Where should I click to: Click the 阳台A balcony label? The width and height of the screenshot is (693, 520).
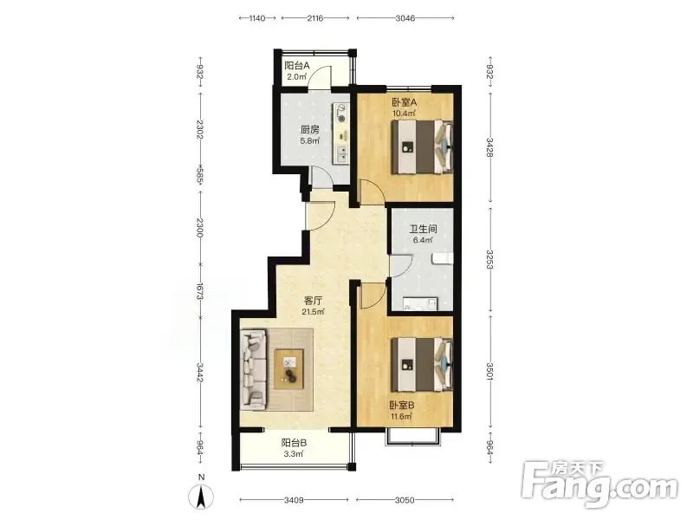coord(296,66)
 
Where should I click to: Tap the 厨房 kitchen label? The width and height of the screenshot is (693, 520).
coord(309,130)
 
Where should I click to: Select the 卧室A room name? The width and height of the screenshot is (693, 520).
coord(404,102)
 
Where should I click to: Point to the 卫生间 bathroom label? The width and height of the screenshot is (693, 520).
coord(423,229)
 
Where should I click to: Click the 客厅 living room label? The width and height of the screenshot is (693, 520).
coord(313,301)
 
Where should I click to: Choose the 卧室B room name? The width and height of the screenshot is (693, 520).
coord(402,406)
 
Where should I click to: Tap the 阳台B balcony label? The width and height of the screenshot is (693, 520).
coord(294,443)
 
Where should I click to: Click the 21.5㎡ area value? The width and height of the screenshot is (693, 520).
coord(313,312)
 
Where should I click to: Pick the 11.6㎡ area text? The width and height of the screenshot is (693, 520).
coord(401,417)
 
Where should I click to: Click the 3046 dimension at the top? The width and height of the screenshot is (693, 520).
coord(405,18)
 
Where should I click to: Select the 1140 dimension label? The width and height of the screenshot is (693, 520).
coord(256,18)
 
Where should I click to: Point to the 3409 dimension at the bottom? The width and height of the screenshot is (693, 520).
coord(294,500)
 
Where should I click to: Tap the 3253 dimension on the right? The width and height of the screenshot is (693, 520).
coord(489,259)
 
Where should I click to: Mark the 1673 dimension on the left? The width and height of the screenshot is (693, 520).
coord(200,291)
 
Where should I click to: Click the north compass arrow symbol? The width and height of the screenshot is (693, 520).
coord(201,496)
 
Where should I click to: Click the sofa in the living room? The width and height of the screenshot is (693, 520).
coord(255,369)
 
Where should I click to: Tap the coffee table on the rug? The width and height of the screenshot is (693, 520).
coord(289,369)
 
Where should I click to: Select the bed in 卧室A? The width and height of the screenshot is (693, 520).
coord(422,146)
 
